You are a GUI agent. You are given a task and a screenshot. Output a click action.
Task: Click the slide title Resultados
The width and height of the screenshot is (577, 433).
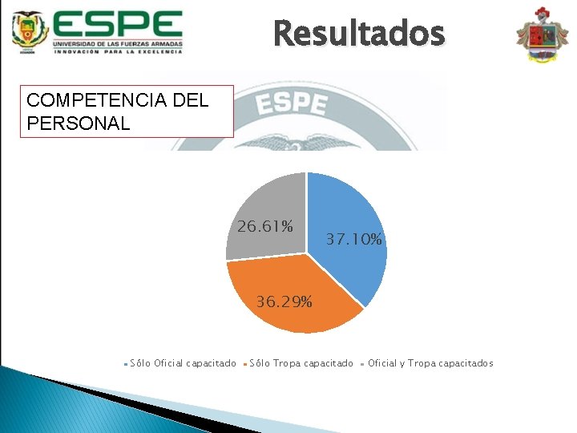[x=358, y=34]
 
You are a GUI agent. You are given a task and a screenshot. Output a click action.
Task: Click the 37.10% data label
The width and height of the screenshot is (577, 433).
[x=354, y=240]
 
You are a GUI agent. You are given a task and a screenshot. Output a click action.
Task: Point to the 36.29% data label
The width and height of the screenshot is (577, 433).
[x=284, y=302]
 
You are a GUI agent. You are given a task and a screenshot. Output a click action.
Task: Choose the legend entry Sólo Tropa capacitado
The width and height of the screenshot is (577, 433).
[x=301, y=363]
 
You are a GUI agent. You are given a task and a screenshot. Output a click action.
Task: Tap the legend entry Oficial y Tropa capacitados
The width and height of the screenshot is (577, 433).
[x=430, y=363]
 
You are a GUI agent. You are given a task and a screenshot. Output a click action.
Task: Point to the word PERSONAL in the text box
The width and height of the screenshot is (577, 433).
[x=78, y=123]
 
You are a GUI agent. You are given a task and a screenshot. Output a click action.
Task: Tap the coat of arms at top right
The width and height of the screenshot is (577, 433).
[x=543, y=35]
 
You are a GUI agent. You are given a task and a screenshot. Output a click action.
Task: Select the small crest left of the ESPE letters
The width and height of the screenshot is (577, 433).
[x=30, y=31]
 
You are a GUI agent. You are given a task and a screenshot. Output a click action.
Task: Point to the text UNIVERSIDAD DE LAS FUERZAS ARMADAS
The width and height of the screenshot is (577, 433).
[x=119, y=42]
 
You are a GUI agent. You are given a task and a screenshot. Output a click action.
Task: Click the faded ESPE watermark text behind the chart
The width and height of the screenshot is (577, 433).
[x=292, y=104]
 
